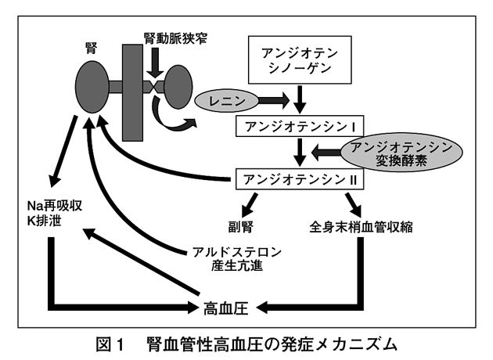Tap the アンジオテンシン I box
[300, 126]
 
